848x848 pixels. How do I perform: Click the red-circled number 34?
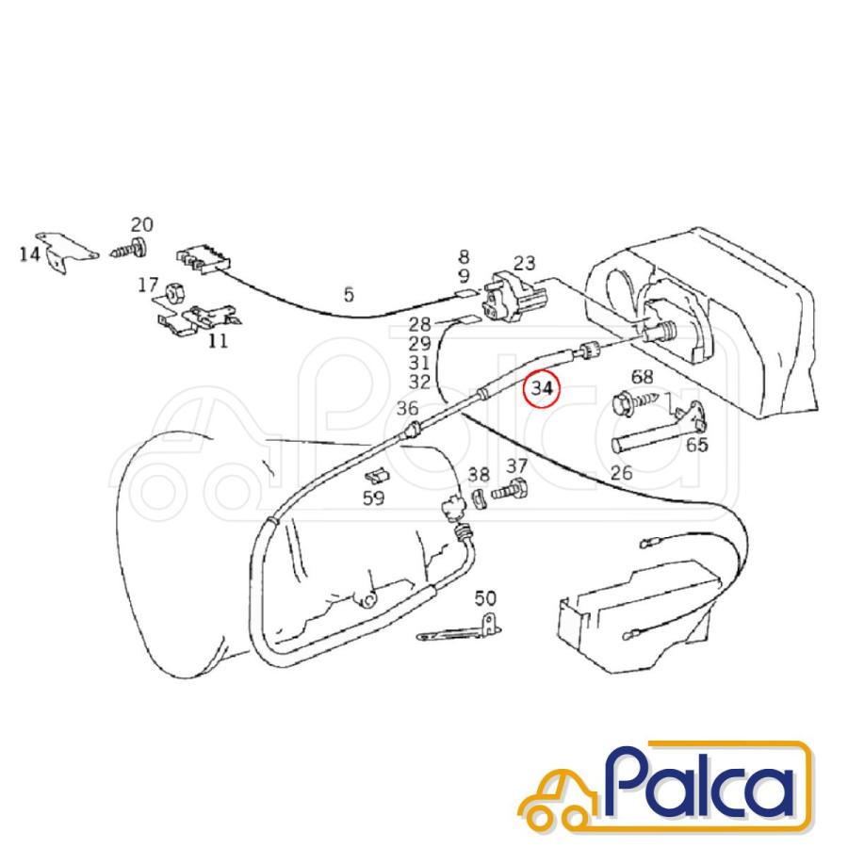pos(542,388)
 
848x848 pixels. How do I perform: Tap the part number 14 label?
pos(30,253)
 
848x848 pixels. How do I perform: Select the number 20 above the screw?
pos(141,224)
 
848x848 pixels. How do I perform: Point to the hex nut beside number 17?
pos(174,293)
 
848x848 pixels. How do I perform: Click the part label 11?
pos(218,341)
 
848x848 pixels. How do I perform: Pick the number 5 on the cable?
pos(349,295)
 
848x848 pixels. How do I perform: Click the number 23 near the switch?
pos(524,264)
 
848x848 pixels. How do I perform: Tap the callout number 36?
pos(407,408)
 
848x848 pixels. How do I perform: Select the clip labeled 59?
pos(377,477)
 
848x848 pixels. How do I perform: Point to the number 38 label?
pos(479,475)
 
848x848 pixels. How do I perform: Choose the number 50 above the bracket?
pos(485,598)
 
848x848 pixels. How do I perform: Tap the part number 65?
pos(696,445)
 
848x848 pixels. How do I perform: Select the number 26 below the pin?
pos(622,473)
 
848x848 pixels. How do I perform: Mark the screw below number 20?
pos(130,250)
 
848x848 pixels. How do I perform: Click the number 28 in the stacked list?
pos(419,324)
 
